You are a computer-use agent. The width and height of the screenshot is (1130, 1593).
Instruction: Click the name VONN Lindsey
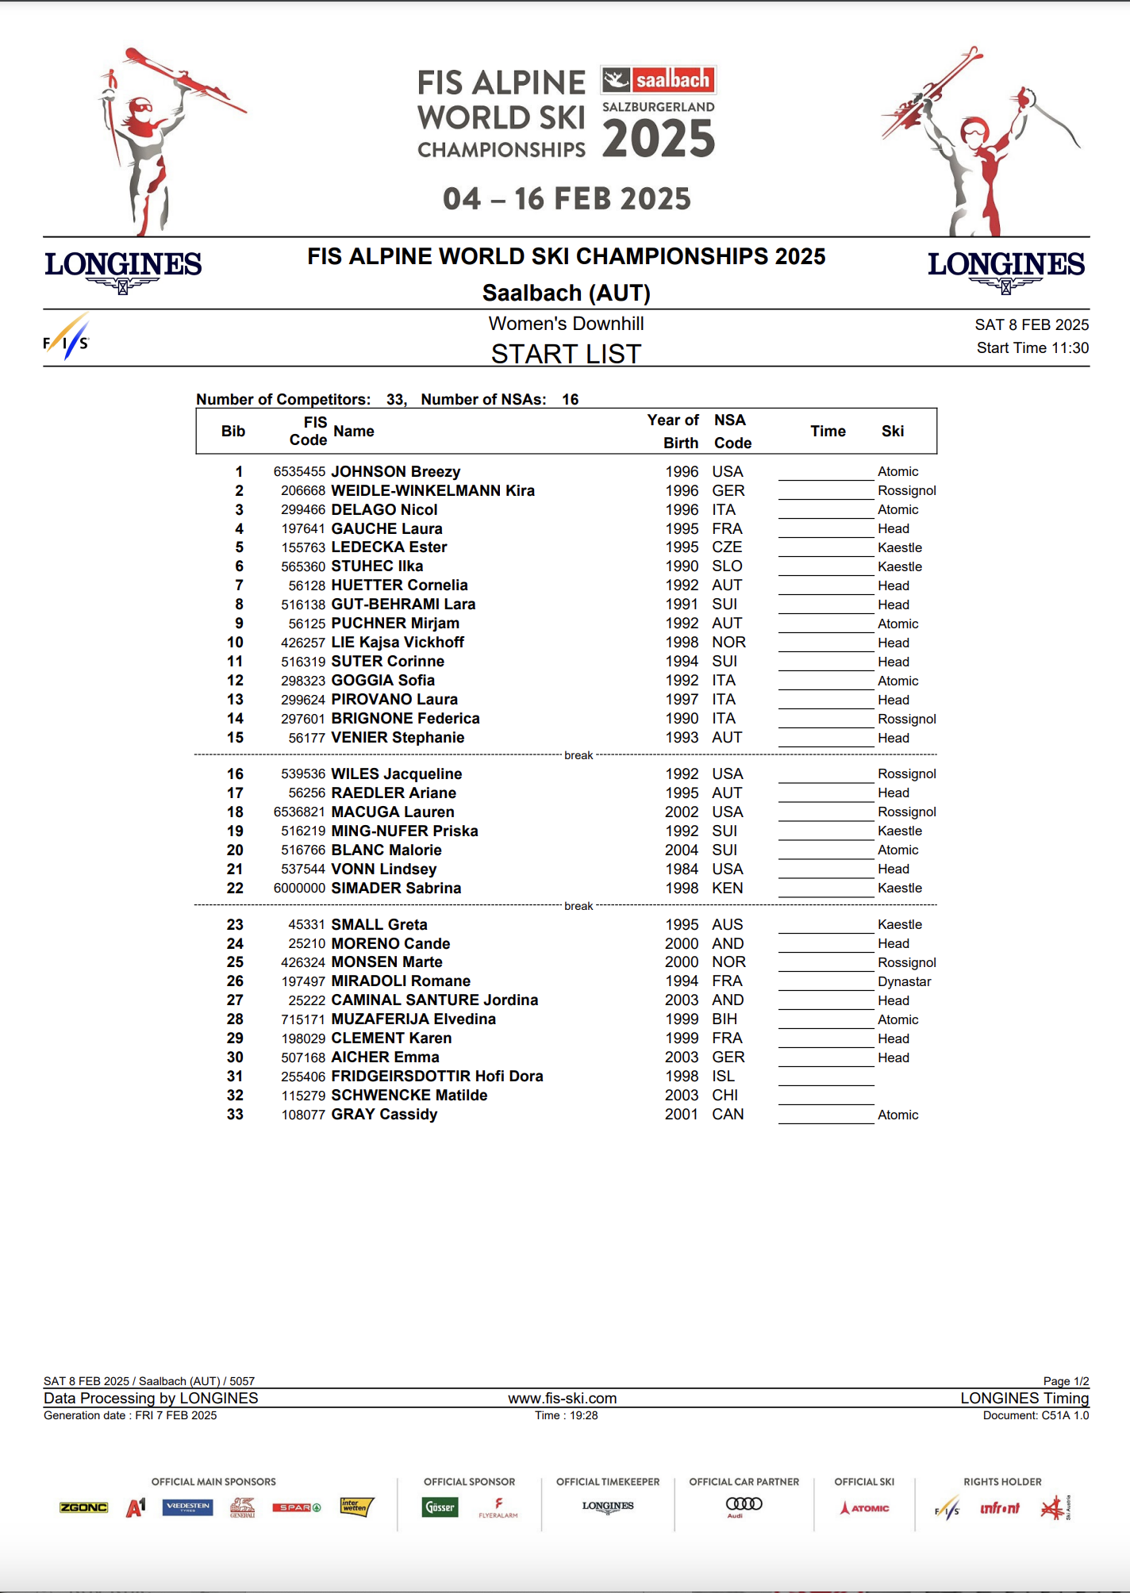tap(383, 869)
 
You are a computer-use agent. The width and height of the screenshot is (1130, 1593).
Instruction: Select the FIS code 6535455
tap(299, 471)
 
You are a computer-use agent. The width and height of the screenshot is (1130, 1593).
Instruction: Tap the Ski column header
tap(892, 431)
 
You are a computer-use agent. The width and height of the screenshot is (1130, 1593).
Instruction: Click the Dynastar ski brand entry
tap(904, 981)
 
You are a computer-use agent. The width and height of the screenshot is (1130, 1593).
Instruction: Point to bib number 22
tap(235, 888)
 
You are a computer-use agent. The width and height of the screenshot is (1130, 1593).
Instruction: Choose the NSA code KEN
tap(727, 888)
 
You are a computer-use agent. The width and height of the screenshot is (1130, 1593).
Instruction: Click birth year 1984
tap(682, 869)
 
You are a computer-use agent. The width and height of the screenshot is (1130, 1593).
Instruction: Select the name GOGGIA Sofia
tap(382, 680)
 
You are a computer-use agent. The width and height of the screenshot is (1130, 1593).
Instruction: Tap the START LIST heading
tap(566, 353)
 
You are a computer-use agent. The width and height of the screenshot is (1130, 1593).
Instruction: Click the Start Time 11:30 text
tap(1032, 347)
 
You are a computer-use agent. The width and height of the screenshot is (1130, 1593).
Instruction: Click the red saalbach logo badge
tap(659, 79)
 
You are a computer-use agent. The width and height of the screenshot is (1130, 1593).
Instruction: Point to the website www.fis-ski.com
tap(562, 1398)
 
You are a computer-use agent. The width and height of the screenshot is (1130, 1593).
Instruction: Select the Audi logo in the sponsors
tap(744, 1505)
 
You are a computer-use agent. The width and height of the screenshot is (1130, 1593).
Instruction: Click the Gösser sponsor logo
tap(440, 1507)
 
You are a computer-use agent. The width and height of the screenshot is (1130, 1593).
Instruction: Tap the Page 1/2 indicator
tap(1065, 1381)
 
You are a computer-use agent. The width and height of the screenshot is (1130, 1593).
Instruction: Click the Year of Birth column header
tap(673, 431)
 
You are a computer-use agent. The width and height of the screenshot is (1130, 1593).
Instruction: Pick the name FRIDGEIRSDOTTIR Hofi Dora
tap(436, 1076)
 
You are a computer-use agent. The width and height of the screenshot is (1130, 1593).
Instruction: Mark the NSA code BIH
tap(724, 1019)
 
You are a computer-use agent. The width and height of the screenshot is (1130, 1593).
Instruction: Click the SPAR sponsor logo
tap(295, 1507)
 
